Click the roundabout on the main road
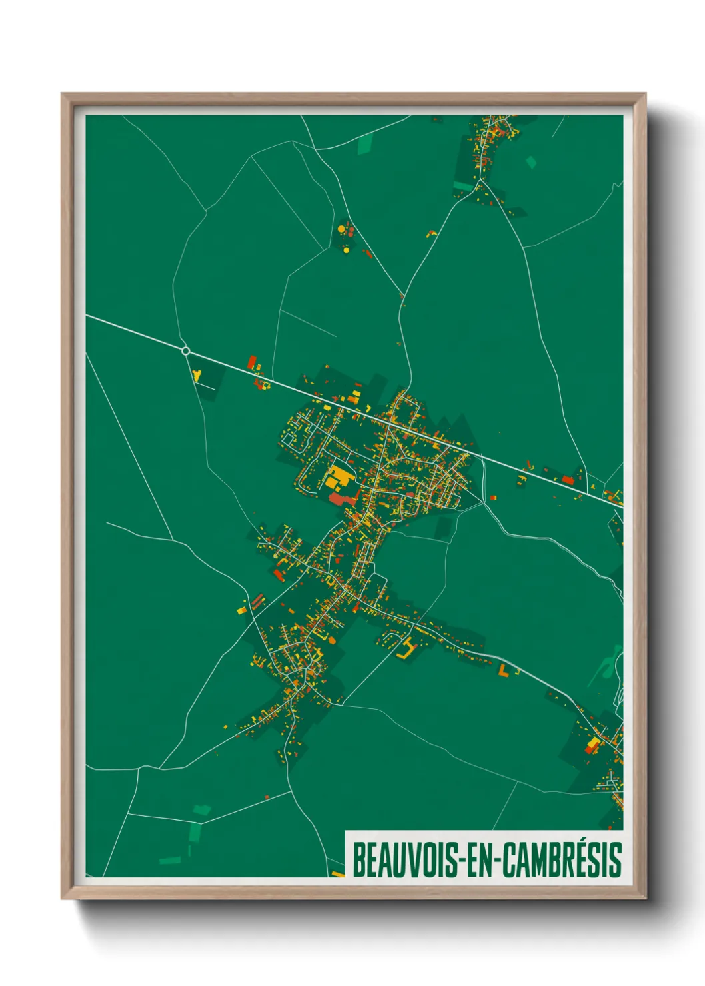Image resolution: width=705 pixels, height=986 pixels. [186, 351]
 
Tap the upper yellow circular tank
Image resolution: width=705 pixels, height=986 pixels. [341, 229]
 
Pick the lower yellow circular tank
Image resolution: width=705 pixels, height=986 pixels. [345, 251]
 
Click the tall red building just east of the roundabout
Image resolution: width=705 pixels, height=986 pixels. [252, 362]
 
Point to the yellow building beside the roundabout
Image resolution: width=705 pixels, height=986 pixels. [197, 376]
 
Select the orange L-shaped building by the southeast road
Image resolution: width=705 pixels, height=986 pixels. [504, 670]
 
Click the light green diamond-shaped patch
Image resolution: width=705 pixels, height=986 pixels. [531, 162]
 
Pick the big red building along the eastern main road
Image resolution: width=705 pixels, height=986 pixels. [568, 479]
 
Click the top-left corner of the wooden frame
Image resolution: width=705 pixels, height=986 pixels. [62, 94]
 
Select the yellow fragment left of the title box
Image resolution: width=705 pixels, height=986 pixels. [338, 874]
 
